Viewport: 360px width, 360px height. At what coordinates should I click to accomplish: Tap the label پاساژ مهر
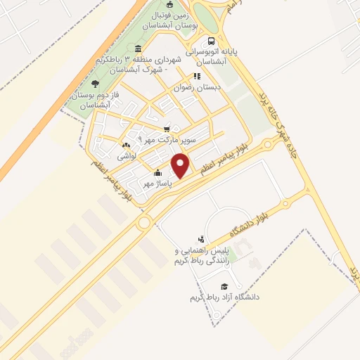pos(139,183)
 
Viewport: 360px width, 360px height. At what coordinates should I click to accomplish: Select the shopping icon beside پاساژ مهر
pos(158,173)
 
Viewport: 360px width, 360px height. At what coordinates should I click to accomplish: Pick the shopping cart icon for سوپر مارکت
pos(167,129)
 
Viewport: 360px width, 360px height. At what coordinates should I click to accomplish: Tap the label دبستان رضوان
pos(199,89)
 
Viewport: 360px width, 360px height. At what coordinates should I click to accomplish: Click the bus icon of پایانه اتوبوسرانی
pos(212,40)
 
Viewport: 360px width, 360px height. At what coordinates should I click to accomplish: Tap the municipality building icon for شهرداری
pos(138,49)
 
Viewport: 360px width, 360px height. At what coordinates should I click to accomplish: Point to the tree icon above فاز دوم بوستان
pos(96,83)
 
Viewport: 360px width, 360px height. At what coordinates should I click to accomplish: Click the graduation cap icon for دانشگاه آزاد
pos(224,287)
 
